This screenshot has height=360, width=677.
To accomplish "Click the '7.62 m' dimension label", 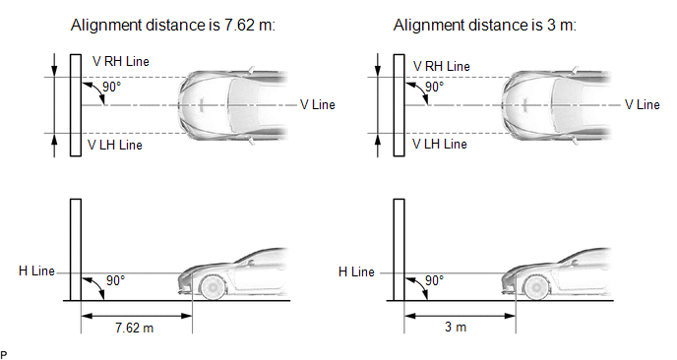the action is (134, 328).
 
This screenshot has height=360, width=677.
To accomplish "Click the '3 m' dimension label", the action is (456, 327).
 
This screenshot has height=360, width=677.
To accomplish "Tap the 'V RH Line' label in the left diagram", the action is (121, 61).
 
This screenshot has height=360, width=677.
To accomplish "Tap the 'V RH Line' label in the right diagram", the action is (441, 66).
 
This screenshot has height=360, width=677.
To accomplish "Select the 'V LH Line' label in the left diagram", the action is (115, 145).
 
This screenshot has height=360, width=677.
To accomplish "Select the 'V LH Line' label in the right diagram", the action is (440, 144).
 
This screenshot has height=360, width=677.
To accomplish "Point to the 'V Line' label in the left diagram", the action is (317, 104).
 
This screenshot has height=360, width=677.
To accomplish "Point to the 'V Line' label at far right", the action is (642, 104).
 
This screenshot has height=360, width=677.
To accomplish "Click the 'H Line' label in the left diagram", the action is (36, 271).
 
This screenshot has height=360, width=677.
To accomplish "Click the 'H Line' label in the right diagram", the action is (356, 271).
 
